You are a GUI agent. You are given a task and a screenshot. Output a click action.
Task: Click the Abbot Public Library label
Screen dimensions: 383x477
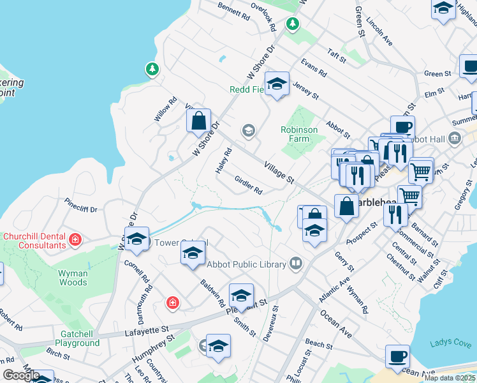click(x=249, y=264)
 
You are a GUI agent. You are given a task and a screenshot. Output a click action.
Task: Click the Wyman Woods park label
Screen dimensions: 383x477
click(x=73, y=278)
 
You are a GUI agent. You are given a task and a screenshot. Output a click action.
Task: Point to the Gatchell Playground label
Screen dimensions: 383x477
click(x=80, y=338)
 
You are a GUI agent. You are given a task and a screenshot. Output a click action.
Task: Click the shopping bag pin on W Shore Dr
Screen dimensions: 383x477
click(x=199, y=119)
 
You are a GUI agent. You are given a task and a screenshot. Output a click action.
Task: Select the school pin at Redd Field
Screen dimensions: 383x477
click(x=277, y=84)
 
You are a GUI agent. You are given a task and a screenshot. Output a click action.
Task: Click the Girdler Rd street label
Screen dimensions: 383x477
click(x=249, y=186)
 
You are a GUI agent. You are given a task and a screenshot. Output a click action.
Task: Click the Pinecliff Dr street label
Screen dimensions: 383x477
click(x=80, y=208)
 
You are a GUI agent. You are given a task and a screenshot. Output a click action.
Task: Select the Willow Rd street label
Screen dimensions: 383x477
click(x=165, y=109)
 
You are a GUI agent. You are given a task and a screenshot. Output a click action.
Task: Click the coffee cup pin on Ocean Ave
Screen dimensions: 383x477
click(x=398, y=356)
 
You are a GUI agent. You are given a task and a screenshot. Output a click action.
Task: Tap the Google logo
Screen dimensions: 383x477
click(x=21, y=375)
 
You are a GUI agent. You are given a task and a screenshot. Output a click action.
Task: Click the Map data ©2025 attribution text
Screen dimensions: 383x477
click(x=450, y=378)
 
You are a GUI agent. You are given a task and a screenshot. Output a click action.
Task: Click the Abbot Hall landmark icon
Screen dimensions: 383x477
click(x=455, y=137)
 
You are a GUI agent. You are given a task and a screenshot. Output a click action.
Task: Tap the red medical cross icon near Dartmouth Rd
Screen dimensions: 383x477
click(x=172, y=303)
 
